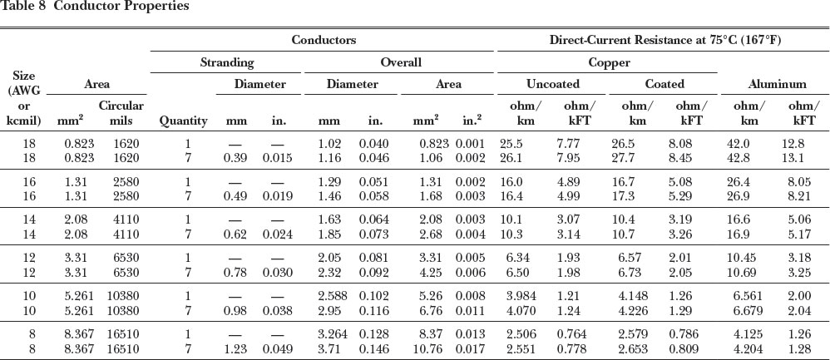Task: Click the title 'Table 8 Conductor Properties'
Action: pyautogui.click(x=95, y=7)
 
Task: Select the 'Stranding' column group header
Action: pyautogui.click(x=227, y=62)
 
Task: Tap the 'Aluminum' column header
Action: pyautogui.click(x=777, y=84)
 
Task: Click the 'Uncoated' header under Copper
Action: pyautogui.click(x=552, y=84)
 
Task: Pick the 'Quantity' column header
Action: pyautogui.click(x=183, y=121)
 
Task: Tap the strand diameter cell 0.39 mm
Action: pyautogui.click(x=237, y=158)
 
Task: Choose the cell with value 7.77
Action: pyautogui.click(x=576, y=144)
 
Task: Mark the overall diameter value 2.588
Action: pyautogui.click(x=332, y=297)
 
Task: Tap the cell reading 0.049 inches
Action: pyautogui.click(x=279, y=349)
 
